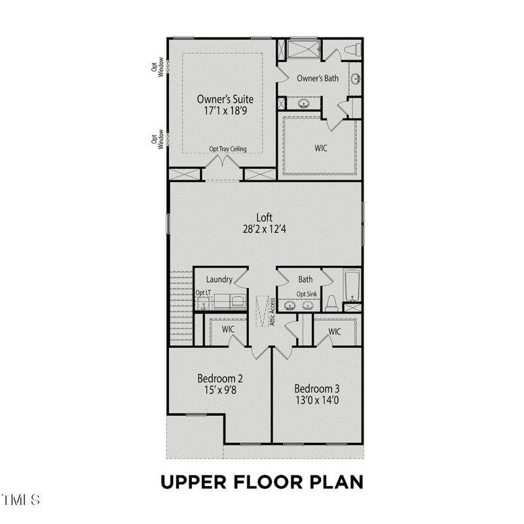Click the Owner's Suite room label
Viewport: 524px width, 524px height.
pos(225,99)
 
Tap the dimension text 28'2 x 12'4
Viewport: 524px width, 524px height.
pos(265,230)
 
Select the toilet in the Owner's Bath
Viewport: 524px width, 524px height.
pos(352,50)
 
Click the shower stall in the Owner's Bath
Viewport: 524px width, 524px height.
pos(303,49)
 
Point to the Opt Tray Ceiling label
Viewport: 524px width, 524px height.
pos(227,149)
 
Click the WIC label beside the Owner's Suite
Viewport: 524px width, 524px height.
pos(320,148)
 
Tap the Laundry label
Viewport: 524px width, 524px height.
pos(219,280)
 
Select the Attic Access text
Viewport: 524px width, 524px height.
pos(270,314)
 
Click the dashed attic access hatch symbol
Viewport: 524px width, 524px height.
pos(262,309)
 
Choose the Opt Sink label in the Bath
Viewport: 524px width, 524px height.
pos(307,294)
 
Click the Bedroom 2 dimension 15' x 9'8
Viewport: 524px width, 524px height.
pos(220,391)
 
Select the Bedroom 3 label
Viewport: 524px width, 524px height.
pos(316,388)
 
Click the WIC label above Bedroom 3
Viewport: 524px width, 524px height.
pos(334,331)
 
